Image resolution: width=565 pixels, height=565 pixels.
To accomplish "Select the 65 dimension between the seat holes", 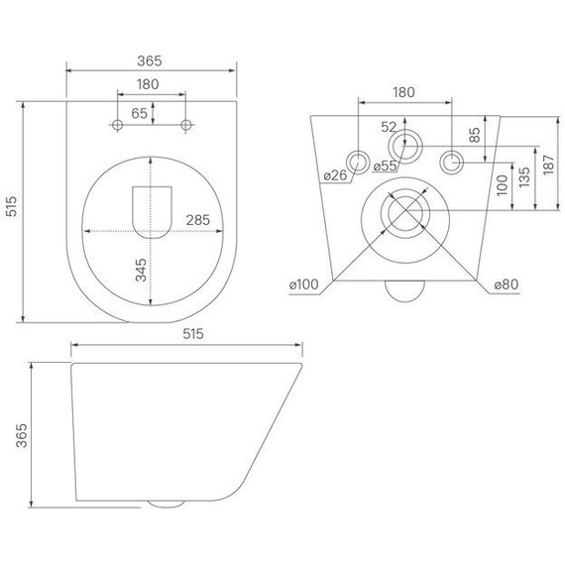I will (x=140, y=114).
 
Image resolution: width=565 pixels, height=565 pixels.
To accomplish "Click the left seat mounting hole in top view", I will (x=118, y=124).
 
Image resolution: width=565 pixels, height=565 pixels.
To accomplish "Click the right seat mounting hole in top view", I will (x=185, y=124).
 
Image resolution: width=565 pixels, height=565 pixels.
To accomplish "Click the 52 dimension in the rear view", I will (x=389, y=126).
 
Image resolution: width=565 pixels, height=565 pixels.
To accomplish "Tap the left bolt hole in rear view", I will (x=359, y=162).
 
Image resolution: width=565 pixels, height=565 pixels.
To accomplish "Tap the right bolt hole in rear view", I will (x=451, y=162).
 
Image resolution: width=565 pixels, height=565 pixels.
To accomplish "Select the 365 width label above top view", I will (x=151, y=59).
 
